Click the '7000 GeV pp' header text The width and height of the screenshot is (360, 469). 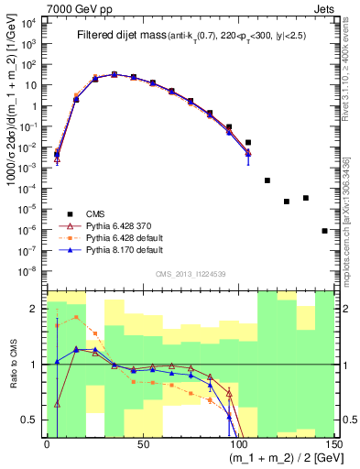(37, 7)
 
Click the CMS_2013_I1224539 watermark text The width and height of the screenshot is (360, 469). (191, 272)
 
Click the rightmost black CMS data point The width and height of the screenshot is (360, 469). (325, 231)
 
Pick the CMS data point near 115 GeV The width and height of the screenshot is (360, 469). (267, 180)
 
